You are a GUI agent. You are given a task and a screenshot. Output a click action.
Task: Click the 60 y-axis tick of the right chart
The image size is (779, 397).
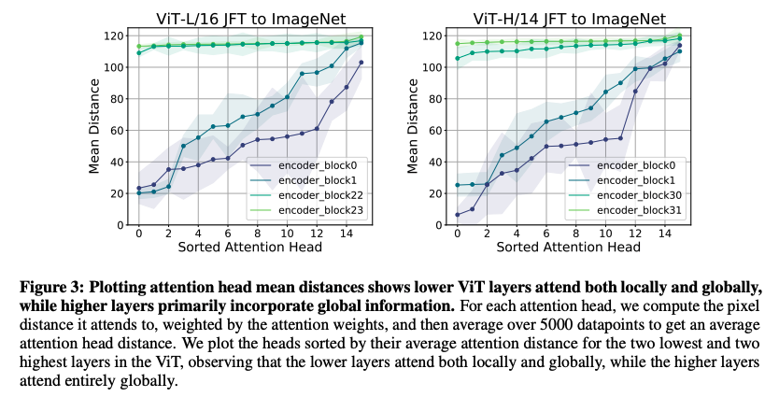(433, 130)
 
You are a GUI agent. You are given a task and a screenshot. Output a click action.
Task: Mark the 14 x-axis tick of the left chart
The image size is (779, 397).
(346, 234)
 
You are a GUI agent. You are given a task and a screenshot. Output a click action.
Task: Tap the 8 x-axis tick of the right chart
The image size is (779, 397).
(569, 234)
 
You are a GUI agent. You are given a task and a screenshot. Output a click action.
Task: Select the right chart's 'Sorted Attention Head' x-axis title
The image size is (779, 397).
(567, 248)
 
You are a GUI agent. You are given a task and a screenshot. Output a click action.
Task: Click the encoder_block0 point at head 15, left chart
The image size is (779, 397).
(361, 63)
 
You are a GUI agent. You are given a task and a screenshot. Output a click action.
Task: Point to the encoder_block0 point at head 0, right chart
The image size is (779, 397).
(457, 215)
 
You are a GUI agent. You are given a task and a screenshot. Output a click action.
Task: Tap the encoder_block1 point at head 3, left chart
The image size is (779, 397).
(183, 146)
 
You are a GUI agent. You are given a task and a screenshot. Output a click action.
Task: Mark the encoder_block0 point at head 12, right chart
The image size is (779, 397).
(636, 91)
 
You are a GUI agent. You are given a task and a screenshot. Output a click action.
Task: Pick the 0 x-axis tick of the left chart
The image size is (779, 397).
(139, 234)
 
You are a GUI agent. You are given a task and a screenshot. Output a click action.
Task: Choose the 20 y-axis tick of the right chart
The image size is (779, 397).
(433, 193)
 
